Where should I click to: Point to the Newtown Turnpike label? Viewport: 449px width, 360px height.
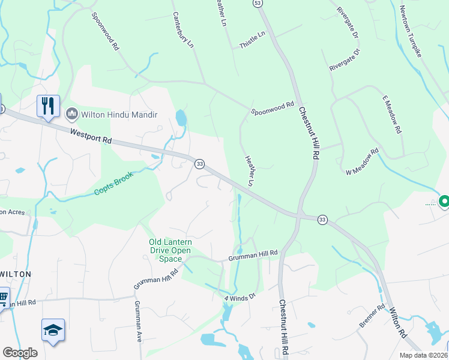pos(411,31)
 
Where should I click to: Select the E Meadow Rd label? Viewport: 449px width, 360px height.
pos(391,114)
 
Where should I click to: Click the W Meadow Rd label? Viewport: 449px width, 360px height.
pos(363,161)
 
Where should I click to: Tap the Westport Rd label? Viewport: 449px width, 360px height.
pos(91,136)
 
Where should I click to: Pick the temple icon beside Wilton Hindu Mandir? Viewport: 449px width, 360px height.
pos(73,113)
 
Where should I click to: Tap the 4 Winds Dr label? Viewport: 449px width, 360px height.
pos(240,296)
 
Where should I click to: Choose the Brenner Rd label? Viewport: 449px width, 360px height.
pos(372,317)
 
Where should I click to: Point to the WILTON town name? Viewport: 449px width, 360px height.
pos(15,274)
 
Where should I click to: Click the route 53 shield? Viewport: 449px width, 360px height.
pos(258,3)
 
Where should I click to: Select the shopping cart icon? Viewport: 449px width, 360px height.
pos(3,296)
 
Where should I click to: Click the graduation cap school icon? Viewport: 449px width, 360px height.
pos(53,329)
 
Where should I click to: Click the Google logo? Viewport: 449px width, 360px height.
pos(20,352)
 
